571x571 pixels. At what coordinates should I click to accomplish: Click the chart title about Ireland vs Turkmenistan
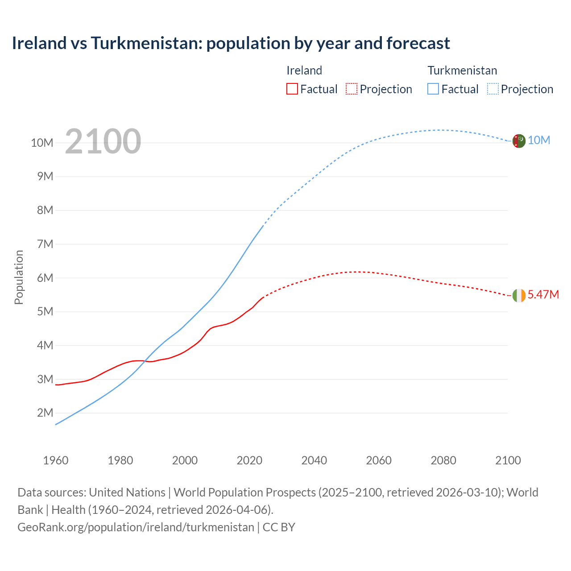pyautogui.click(x=231, y=43)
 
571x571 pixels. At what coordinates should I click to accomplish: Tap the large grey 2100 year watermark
pyautogui.click(x=103, y=141)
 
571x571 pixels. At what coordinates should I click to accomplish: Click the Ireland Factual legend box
pyautogui.click(x=292, y=89)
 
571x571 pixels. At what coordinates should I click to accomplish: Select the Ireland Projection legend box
pyautogui.click(x=352, y=89)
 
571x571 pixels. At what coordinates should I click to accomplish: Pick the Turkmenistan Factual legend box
pyautogui.click(x=433, y=89)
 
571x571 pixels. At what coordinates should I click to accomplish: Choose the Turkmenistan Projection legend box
pyautogui.click(x=492, y=89)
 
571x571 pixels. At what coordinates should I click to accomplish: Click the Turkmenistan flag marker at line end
pyautogui.click(x=519, y=141)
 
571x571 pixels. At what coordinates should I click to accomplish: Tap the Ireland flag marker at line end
pyautogui.click(x=519, y=295)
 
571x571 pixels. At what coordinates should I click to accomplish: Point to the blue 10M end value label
pyautogui.click(x=539, y=140)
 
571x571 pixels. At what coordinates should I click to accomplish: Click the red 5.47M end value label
pyautogui.click(x=543, y=294)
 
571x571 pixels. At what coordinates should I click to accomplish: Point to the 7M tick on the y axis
pyautogui.click(x=45, y=244)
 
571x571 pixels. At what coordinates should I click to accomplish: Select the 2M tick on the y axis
pyautogui.click(x=45, y=413)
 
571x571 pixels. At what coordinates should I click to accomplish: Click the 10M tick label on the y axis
pyautogui.click(x=42, y=143)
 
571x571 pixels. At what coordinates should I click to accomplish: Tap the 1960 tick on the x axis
pyautogui.click(x=56, y=460)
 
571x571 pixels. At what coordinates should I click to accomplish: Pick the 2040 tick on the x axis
pyautogui.click(x=314, y=460)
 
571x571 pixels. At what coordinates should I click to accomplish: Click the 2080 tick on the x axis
pyautogui.click(x=443, y=460)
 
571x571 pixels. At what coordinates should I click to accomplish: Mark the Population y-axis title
pyautogui.click(x=19, y=277)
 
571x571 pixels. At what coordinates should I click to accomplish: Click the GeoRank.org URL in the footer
pyautogui.click(x=136, y=527)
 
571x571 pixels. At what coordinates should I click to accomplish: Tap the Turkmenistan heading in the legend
pyautogui.click(x=462, y=70)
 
